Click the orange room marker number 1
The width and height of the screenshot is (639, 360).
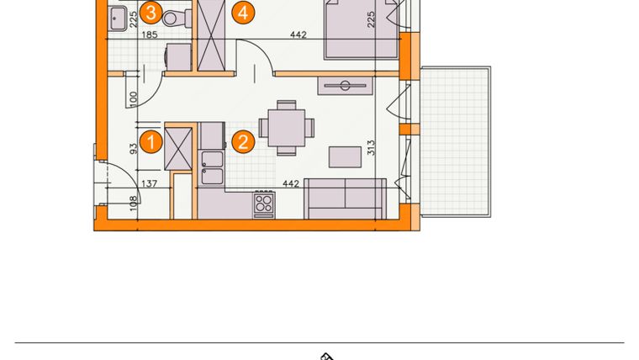click(x=151, y=141)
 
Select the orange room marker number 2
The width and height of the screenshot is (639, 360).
click(x=243, y=141)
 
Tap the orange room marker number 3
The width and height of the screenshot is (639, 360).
click(x=151, y=12)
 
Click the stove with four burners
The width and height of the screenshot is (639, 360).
click(x=264, y=203)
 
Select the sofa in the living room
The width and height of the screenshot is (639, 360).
click(x=345, y=199)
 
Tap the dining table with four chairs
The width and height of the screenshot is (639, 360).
click(x=286, y=128)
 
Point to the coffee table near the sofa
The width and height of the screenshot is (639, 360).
click(x=345, y=156)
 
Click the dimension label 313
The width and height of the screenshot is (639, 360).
click(x=370, y=150)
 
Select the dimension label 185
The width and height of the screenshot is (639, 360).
click(x=151, y=35)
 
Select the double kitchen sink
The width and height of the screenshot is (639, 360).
click(x=211, y=167)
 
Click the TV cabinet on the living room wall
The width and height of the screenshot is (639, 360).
click(x=344, y=85)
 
